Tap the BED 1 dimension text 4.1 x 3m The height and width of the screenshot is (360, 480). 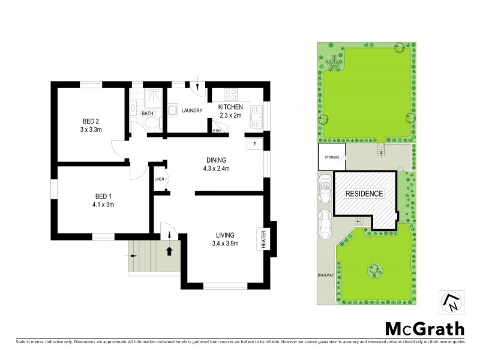pos(99,205)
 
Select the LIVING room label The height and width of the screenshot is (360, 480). pos(226,235)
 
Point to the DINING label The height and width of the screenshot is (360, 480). pos(216,160)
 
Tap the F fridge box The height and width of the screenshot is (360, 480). pos(254,144)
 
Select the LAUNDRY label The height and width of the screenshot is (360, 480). pos(191,110)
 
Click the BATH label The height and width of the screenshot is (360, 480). pos(146,113)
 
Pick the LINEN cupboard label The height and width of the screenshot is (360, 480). pos(159,179)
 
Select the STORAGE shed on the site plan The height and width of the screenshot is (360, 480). pos(331,157)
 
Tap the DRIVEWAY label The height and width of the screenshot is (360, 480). pos(325,275)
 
